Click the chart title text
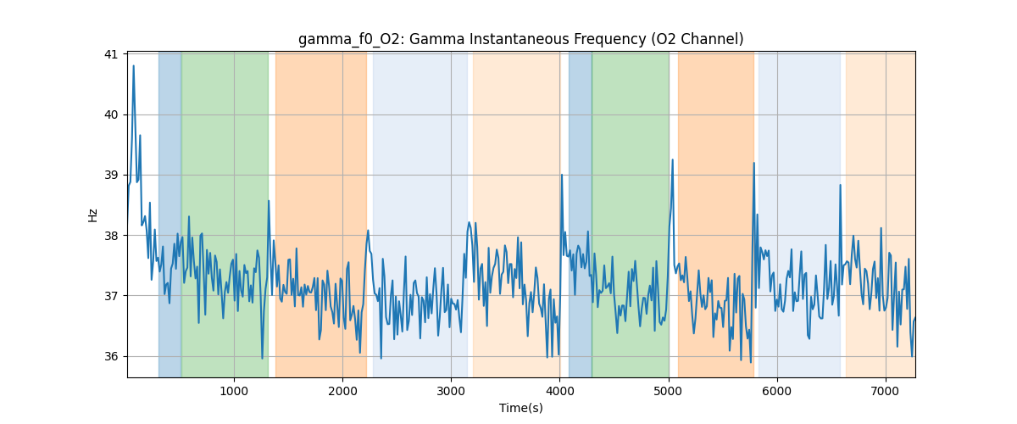click(x=520, y=39)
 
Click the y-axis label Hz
click(x=93, y=215)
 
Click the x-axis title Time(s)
click(x=520, y=408)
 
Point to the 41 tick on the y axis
click(x=111, y=54)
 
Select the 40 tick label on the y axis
click(x=111, y=114)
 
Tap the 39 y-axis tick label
click(x=111, y=175)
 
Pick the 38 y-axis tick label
click(x=111, y=236)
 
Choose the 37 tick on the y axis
click(x=111, y=296)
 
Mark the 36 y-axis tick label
click(x=111, y=356)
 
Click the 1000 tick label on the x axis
click(x=234, y=391)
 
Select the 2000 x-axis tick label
click(x=342, y=391)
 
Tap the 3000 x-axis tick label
click(x=451, y=391)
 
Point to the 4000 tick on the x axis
click(x=559, y=391)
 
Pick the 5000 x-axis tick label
click(x=668, y=391)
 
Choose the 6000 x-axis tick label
click(x=777, y=391)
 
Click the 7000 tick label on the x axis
click(x=886, y=391)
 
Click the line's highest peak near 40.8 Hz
click(x=133, y=66)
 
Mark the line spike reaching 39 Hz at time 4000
click(x=561, y=176)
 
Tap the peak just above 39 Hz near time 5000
click(x=673, y=160)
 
